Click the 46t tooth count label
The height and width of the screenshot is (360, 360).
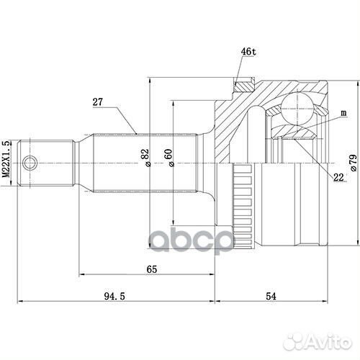pyautogui.click(x=248, y=51)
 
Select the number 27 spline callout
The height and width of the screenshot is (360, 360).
pyautogui.click(x=97, y=102)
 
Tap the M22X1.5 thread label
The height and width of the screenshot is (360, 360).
pyautogui.click(x=6, y=159)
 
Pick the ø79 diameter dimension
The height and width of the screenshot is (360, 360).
pyautogui.click(x=354, y=163)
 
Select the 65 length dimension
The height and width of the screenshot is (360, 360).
pyautogui.click(x=152, y=269)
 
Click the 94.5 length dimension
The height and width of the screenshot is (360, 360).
pyautogui.click(x=114, y=297)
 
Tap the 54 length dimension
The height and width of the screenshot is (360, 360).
pyautogui.click(x=271, y=297)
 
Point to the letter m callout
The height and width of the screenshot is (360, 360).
pyautogui.click(x=343, y=113)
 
